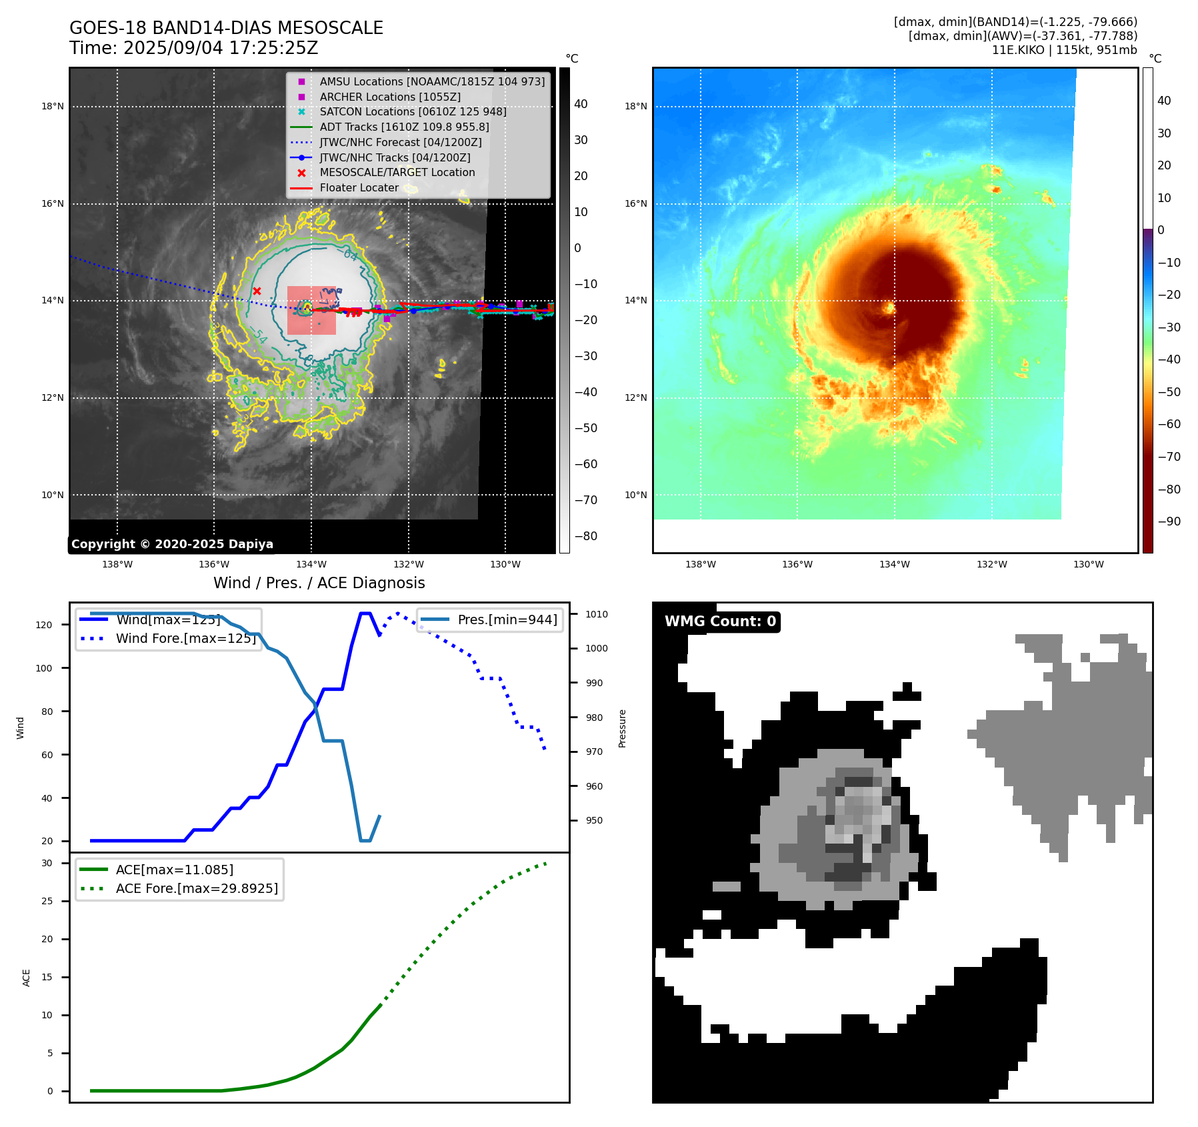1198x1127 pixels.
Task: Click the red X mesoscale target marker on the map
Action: [x=257, y=291]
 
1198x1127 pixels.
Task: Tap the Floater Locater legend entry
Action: [x=359, y=187]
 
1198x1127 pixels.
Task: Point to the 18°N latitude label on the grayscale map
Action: [x=53, y=106]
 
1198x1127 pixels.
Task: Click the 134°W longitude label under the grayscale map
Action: [x=311, y=564]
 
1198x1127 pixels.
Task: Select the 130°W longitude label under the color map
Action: [x=1088, y=564]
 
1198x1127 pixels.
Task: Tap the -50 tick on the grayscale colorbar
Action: [x=586, y=428]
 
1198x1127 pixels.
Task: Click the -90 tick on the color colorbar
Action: [x=1169, y=521]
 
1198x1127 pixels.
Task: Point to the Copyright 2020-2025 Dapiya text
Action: [x=172, y=544]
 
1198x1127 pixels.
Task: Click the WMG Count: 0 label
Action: [x=720, y=622]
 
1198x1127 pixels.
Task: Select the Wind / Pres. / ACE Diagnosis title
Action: [x=319, y=583]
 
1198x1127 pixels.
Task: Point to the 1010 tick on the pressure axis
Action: [x=597, y=614]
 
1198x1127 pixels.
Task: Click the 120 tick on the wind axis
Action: [x=44, y=625]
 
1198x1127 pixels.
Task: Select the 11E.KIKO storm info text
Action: [x=1064, y=50]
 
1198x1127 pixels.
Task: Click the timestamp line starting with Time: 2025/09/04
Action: [x=193, y=48]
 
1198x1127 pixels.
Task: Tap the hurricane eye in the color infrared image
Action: [x=889, y=307]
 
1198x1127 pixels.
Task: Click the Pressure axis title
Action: [x=622, y=728]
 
